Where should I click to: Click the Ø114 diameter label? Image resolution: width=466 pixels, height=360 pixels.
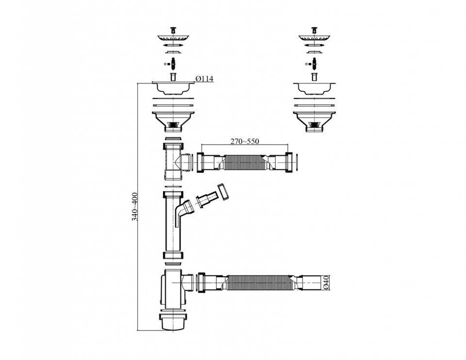204,79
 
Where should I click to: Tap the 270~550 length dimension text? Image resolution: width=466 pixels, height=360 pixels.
244,141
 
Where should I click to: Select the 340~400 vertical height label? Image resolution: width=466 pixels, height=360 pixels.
135,207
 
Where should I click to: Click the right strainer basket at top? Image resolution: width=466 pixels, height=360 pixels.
314,37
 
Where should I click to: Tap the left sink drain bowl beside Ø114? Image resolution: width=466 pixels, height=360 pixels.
173,88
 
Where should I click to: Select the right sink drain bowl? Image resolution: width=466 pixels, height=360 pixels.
314,88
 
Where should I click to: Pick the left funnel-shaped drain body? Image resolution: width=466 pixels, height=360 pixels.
173,120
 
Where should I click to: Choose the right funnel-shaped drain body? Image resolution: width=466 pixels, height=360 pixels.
314,120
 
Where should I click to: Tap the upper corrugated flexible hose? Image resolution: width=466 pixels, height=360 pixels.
244,161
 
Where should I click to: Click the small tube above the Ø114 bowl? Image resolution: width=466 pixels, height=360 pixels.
173,76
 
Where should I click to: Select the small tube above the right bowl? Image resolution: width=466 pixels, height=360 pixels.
314,76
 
